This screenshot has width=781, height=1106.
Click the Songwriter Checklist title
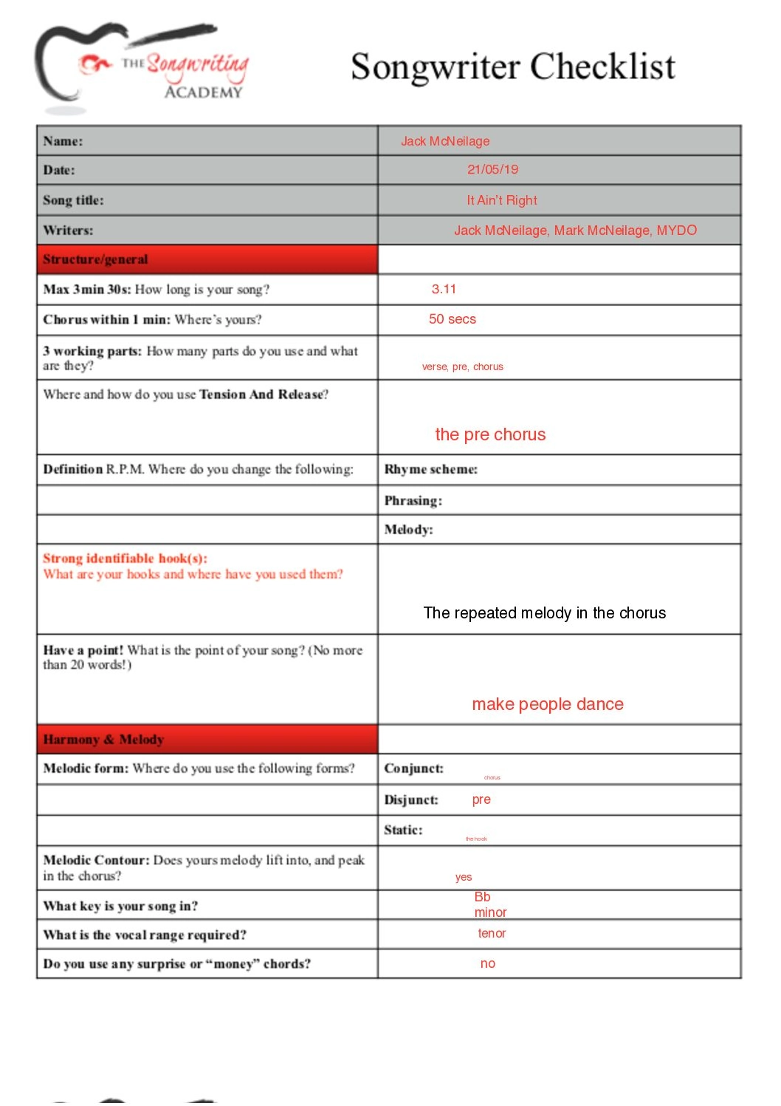click(x=512, y=67)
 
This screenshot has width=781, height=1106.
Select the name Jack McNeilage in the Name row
click(x=445, y=141)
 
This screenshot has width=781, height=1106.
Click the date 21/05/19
click(x=492, y=170)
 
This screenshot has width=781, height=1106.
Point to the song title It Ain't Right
click(x=501, y=200)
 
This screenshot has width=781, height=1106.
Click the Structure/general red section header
click(x=95, y=259)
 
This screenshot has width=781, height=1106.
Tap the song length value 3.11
click(x=444, y=289)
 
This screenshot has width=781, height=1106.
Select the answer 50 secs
click(x=452, y=319)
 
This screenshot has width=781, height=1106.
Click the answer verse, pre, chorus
click(x=462, y=366)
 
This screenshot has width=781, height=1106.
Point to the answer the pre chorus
click(x=490, y=434)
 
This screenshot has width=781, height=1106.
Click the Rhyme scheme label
click(x=430, y=469)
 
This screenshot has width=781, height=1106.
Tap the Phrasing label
click(x=413, y=501)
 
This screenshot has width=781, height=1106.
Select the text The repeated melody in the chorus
click(x=544, y=613)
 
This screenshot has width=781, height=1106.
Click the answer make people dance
click(x=547, y=704)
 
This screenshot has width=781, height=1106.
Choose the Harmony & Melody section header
click(x=103, y=740)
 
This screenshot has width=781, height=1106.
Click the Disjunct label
click(x=410, y=800)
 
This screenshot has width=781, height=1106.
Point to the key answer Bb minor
click(x=489, y=905)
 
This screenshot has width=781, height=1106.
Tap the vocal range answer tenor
click(x=492, y=934)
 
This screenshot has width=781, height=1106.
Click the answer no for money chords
click(x=487, y=963)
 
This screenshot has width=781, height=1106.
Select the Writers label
click(x=68, y=231)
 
